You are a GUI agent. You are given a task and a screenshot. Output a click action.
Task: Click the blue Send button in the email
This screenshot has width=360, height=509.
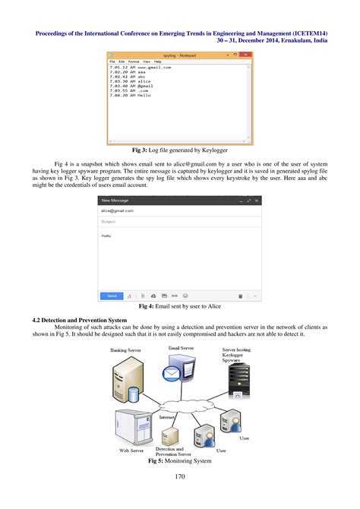click(112, 296)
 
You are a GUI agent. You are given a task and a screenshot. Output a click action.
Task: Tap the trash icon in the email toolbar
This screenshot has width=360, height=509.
click(240, 296)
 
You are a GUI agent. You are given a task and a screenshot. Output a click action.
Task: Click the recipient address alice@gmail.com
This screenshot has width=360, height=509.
click(118, 210)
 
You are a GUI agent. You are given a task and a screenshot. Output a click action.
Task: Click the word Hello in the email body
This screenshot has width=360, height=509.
click(107, 236)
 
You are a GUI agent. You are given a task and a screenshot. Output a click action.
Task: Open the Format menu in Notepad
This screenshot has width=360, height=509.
click(134, 62)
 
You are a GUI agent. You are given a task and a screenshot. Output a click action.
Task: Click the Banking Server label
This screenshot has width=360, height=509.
click(125, 350)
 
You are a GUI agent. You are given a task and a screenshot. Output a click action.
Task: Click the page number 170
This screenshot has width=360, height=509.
click(180, 477)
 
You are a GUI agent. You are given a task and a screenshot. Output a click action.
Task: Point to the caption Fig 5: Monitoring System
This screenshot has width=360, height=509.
click(180, 460)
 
